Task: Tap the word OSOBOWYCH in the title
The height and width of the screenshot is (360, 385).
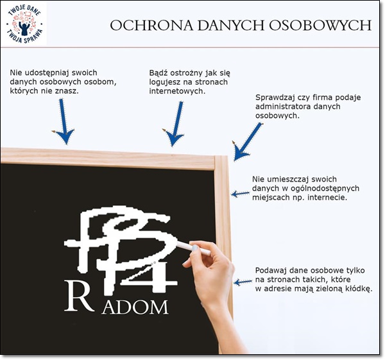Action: (320, 25)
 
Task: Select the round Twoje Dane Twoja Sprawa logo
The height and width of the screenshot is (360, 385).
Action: (24, 24)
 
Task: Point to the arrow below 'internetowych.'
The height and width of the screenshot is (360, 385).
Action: (175, 124)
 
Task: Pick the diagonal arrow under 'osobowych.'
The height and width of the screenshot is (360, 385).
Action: (247, 142)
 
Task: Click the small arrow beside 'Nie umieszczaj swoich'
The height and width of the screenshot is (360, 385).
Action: (241, 194)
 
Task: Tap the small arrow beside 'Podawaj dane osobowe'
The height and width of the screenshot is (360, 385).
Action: (243, 282)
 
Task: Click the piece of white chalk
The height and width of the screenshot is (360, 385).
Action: (193, 248)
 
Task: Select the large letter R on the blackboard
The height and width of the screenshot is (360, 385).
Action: (79, 296)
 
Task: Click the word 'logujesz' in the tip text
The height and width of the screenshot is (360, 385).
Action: (164, 82)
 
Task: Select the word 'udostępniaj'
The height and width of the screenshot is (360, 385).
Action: (43, 73)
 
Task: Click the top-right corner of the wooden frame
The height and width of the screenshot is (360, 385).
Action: (227, 156)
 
